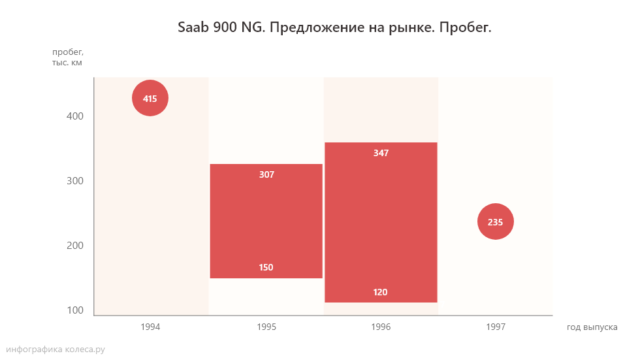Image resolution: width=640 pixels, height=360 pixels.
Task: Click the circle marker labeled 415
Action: (x=150, y=99)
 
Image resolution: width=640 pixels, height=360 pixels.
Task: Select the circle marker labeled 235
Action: (x=496, y=222)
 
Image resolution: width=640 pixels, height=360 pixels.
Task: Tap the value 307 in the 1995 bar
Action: (x=266, y=175)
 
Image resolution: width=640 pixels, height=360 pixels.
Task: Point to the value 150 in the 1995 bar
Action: (x=266, y=267)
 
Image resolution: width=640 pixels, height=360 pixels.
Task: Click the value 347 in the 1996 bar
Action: (x=381, y=153)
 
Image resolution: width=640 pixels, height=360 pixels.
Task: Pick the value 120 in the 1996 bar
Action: (x=381, y=292)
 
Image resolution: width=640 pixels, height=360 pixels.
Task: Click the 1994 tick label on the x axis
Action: (x=150, y=327)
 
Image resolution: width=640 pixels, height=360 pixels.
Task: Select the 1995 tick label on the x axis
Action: (x=266, y=327)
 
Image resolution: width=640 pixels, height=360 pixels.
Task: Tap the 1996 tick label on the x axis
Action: (x=381, y=327)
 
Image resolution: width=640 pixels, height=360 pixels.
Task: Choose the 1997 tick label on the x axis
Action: (x=496, y=327)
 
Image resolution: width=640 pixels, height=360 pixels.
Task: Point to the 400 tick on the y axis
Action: (x=75, y=116)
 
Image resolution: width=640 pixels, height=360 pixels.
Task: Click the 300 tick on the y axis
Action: (x=75, y=181)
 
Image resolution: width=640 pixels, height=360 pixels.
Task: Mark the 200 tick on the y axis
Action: (x=75, y=246)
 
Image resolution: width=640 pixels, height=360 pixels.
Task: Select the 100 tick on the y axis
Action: (x=75, y=310)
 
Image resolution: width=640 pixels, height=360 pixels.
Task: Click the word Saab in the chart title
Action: (x=193, y=28)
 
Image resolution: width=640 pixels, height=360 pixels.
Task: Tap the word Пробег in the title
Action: (x=464, y=28)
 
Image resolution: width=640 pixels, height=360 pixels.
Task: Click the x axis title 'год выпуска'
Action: (x=592, y=327)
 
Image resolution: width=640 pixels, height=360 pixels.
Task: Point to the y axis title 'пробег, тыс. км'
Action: (x=67, y=57)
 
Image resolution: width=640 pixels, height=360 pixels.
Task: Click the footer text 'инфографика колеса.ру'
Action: (x=55, y=350)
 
